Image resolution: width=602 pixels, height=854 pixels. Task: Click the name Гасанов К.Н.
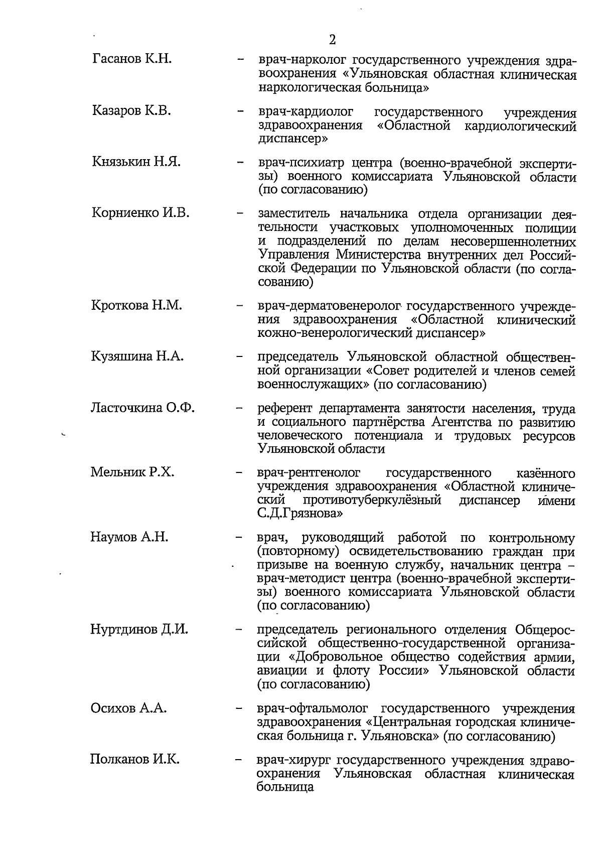tap(132, 59)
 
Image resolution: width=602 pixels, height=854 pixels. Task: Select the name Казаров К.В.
tap(132, 110)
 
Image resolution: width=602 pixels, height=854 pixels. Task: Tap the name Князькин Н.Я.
tap(136, 162)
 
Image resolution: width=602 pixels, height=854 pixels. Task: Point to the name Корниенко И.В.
tap(140, 213)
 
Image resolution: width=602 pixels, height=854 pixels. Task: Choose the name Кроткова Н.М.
tap(136, 305)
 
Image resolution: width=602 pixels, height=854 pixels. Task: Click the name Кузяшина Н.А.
tap(137, 356)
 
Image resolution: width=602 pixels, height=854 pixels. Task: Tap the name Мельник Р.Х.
tap(132, 472)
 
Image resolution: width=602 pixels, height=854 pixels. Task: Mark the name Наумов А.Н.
tap(129, 537)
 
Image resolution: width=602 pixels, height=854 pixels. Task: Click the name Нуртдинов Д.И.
tap(139, 629)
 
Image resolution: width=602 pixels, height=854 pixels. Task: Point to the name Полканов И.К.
tap(134, 760)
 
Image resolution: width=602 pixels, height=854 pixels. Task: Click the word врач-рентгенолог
tap(309, 473)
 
